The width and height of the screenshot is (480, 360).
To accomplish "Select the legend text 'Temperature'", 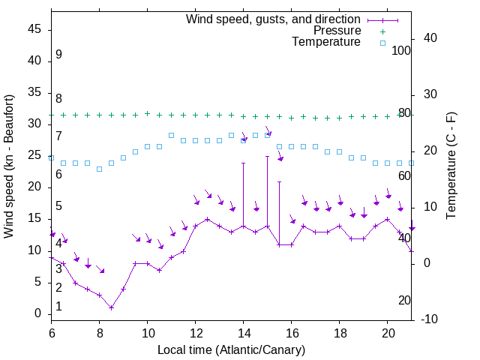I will tap(326, 42).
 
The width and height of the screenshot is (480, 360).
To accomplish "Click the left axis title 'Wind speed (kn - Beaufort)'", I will tap(9, 166).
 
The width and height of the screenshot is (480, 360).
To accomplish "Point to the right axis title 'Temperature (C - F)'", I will tap(451, 166).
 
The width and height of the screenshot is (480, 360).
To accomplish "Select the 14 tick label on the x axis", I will tap(243, 332).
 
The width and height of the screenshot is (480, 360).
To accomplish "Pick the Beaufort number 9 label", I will tap(58, 55).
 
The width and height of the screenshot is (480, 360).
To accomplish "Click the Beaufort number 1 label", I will tap(58, 307).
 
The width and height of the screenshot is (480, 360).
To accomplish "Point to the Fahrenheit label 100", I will tap(402, 50).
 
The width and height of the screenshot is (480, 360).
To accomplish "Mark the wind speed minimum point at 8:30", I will tap(111, 307).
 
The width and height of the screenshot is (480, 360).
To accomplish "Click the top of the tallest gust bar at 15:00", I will tap(267, 156).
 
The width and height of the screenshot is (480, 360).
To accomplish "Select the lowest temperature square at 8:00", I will tap(99, 169).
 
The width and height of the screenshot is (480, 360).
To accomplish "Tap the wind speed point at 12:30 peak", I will tap(207, 220).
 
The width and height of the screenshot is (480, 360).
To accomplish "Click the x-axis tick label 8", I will tap(99, 332).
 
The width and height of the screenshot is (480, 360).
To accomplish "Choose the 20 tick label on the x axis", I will tap(387, 332).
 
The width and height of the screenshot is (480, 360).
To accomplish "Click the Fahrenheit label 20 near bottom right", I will tap(404, 300).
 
